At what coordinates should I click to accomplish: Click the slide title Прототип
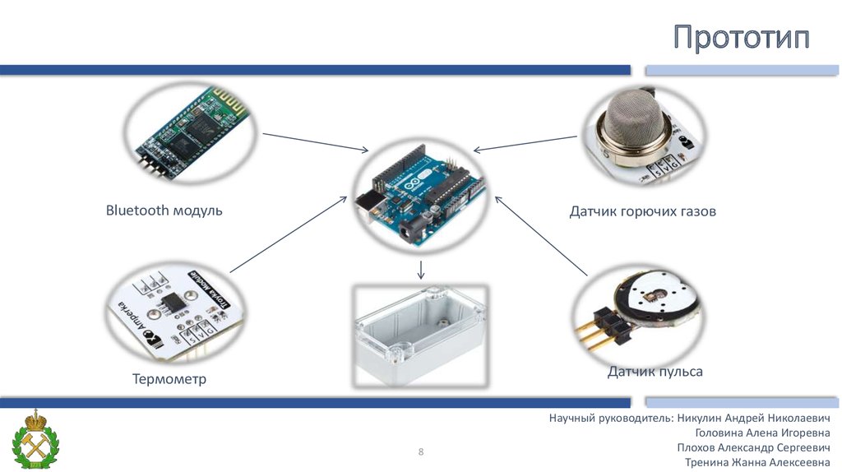(742, 39)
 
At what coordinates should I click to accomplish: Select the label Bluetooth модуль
(164, 211)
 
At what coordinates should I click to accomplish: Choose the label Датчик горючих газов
(642, 212)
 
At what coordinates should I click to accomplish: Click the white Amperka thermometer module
(175, 310)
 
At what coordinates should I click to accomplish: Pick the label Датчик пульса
(655, 372)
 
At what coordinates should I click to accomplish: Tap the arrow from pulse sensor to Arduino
(543, 234)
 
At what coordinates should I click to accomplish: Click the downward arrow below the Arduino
(420, 270)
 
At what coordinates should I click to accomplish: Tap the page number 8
(421, 451)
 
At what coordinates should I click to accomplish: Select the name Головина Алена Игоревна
(762, 433)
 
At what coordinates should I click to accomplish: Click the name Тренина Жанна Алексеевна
(757, 462)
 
